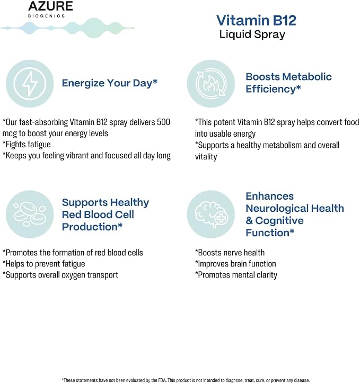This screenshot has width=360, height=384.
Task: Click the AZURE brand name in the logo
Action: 50,6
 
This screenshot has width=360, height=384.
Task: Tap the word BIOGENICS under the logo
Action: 46,16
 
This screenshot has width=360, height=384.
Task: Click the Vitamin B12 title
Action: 256,20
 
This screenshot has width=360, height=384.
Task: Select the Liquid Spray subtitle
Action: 252,34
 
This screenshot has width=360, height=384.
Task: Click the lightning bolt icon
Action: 30,84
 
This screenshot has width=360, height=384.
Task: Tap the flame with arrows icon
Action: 211,84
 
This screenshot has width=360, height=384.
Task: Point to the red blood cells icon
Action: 30,215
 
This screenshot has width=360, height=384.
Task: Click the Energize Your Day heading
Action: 109,83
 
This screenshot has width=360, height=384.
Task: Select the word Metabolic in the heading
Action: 307,77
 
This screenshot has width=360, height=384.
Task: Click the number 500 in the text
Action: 163,122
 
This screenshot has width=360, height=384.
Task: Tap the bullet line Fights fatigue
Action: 27,145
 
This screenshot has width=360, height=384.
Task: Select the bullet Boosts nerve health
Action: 230,253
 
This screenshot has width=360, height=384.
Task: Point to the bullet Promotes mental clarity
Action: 236,275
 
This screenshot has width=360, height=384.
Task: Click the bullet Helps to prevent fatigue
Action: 43,264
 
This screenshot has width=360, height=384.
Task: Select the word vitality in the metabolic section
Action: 206,157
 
